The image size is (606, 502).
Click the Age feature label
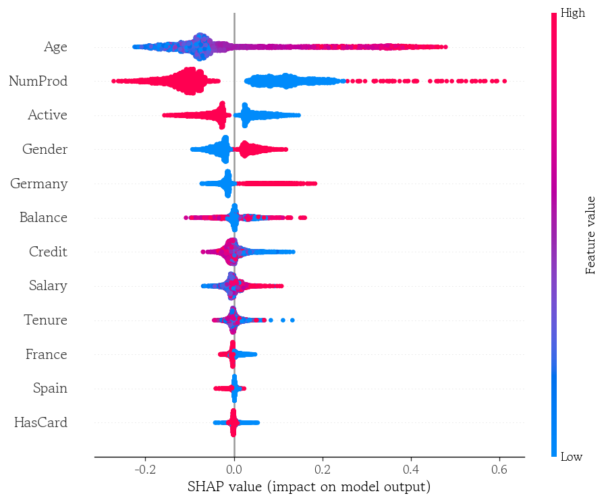[x=55, y=47]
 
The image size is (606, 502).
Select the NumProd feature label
[x=38, y=82]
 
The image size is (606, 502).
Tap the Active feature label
[x=47, y=115]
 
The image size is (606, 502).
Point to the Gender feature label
[x=45, y=150]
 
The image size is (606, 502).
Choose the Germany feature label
[x=38, y=184]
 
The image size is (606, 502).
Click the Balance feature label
[x=43, y=218]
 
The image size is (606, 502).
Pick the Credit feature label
[x=48, y=252]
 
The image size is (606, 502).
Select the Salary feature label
[x=48, y=286]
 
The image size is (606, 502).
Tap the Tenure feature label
[x=45, y=320]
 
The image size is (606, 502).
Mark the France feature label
[x=46, y=355]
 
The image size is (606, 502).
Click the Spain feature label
[x=50, y=389]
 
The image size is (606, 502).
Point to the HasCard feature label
[x=40, y=423]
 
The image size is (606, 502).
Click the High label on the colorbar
[x=573, y=13]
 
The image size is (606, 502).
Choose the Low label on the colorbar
[x=572, y=457]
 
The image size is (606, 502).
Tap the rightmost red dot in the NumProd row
[x=504, y=81]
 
